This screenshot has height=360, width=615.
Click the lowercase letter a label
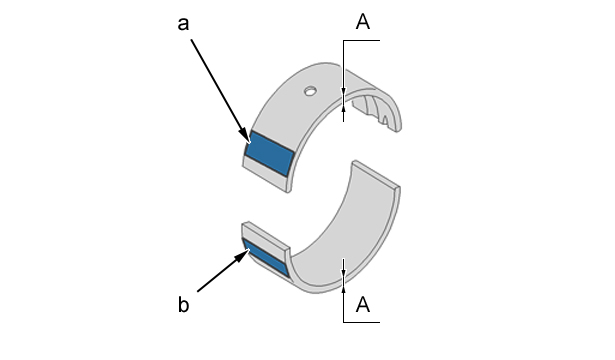tap(183, 24)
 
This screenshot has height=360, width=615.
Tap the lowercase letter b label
tap(184, 304)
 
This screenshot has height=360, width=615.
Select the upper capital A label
tap(363, 22)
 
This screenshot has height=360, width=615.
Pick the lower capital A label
tap(363, 304)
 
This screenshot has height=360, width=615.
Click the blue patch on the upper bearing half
tap(269, 154)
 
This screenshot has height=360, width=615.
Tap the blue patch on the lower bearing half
tap(266, 257)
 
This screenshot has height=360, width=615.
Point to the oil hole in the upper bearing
tap(310, 91)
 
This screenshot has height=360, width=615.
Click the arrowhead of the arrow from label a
tap(246, 135)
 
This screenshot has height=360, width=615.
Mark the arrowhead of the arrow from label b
tap(242, 257)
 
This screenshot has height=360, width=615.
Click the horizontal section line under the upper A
tap(362, 40)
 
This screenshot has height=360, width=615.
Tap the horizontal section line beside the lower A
tap(362, 322)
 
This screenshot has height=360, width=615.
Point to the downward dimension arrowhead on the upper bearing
tap(344, 91)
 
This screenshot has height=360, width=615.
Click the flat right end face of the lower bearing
tap(377, 175)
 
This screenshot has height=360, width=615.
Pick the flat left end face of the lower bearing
tap(266, 236)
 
